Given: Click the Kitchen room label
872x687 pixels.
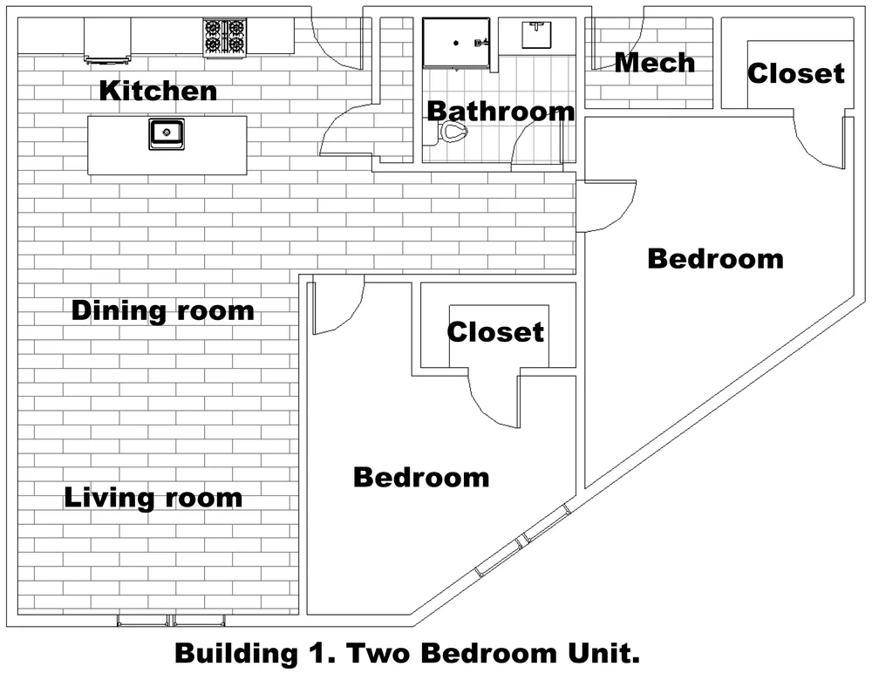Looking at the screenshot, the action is [158, 91].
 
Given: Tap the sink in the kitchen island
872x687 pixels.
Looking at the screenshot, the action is [167, 134].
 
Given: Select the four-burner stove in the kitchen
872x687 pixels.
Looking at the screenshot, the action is [225, 37].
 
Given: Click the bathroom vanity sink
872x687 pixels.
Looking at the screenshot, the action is [536, 34].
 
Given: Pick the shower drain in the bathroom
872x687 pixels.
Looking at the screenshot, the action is [456, 43].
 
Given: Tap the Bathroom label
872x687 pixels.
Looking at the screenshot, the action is [501, 112].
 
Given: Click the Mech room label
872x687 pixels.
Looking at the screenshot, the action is [655, 63].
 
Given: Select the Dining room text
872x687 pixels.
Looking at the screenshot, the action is [163, 310].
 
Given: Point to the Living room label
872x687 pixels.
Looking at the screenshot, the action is [153, 498].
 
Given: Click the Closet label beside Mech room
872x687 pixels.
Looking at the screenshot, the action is [796, 73].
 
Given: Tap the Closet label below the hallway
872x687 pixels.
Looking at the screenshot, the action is [495, 332].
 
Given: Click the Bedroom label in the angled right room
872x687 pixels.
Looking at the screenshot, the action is [716, 259].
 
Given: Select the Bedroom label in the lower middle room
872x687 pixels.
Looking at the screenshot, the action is [421, 478].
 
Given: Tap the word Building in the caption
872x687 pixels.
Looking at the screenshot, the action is [237, 654].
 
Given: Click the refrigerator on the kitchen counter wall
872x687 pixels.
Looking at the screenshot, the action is [108, 39].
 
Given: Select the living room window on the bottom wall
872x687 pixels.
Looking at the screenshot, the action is [171, 620].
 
